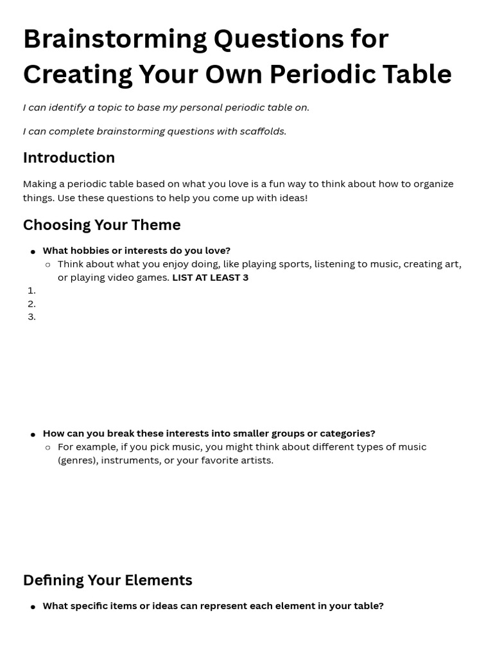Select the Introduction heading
[x=69, y=158]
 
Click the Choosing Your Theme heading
[x=101, y=225]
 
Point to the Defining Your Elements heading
[x=107, y=580]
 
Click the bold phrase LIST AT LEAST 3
[x=210, y=278]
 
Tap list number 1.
[x=31, y=290]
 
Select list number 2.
[x=31, y=304]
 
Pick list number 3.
[x=31, y=317]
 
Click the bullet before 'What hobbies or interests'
[x=33, y=252]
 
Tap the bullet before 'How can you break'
[x=33, y=434]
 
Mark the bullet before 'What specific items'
[x=33, y=607]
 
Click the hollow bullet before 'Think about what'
[x=48, y=265]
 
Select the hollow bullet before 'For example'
[x=48, y=448]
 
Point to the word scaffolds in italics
[x=263, y=132]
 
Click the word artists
[x=256, y=461]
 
